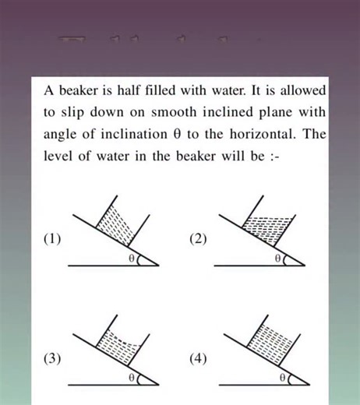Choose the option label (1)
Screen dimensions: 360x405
click(54, 239)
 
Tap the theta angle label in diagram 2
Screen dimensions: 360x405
click(277, 258)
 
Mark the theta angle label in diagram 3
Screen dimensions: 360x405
click(131, 377)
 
